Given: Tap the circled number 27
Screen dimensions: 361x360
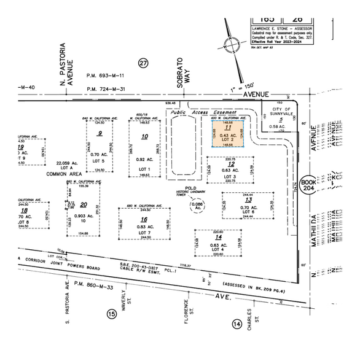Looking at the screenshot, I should tap(144, 63).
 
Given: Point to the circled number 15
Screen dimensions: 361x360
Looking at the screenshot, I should tap(111, 314).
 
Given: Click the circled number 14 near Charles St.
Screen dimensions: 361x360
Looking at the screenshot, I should tap(237, 324).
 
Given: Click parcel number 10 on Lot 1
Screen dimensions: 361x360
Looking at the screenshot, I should tap(144, 136).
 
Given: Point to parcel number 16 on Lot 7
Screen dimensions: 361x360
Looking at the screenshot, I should tap(144, 219).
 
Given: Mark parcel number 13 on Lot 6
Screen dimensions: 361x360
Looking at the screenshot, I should tap(249, 200).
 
